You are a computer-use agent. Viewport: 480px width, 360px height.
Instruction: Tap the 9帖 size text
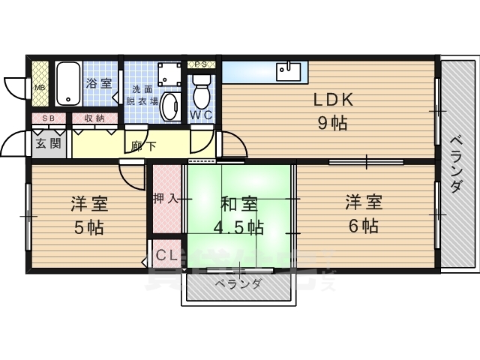pos(332,124)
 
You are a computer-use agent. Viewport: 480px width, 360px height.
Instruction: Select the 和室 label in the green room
pos(240,203)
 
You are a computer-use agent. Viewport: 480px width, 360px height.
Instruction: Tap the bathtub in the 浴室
pos(67,83)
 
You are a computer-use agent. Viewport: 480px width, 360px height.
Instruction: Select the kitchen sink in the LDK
pos(289,72)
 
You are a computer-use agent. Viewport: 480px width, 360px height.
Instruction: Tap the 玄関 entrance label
pos(48,143)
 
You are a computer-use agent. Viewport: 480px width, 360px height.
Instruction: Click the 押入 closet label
pos(164,199)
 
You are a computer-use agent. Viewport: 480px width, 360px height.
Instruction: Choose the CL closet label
pos(166,255)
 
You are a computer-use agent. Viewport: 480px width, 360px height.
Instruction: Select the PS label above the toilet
pos(200,64)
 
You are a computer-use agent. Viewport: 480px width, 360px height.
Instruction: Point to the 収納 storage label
pos(94,118)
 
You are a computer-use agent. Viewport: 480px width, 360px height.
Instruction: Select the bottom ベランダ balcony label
pos(237,284)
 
